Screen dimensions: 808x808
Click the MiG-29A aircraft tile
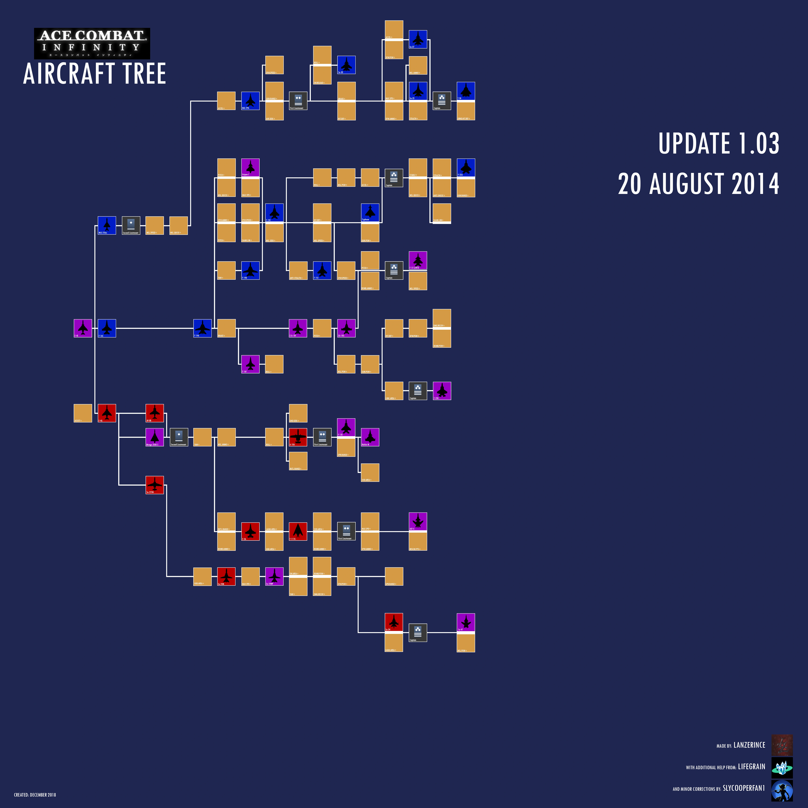point(250,101)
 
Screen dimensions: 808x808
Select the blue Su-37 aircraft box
point(418,39)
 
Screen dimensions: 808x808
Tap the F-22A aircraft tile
point(466,168)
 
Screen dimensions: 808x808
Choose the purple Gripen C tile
point(250,168)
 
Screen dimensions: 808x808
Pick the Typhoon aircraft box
point(370,213)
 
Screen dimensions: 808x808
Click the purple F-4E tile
point(83,328)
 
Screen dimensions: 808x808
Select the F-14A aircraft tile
point(202,328)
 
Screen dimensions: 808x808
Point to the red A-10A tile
point(298,437)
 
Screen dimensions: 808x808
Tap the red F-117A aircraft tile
point(298,532)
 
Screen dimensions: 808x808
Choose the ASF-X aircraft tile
point(418,522)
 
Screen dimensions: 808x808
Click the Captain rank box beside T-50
point(442,101)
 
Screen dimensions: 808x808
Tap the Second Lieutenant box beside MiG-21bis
point(131,225)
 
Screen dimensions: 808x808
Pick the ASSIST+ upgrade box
point(83,413)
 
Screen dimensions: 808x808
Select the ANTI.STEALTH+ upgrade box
point(298,271)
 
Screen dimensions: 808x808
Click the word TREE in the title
point(144,74)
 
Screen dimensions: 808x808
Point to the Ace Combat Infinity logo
point(92,43)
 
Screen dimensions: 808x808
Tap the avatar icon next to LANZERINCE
point(782,745)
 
